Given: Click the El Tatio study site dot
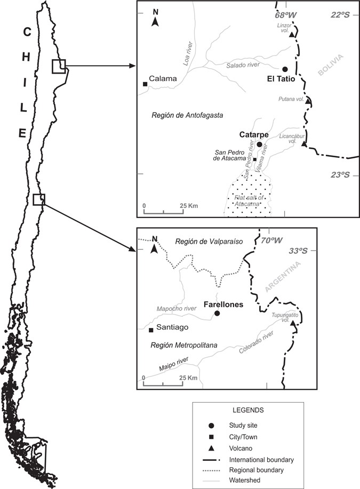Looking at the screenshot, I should pos(285,69).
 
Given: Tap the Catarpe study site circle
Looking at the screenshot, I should pos(260,145).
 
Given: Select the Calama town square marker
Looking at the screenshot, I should pos(145,84).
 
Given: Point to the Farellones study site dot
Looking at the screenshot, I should pos(217,313).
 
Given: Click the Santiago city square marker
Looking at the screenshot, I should pos(151,330).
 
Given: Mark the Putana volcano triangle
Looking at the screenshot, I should pos(308,102).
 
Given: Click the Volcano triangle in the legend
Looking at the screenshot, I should pos(212,447).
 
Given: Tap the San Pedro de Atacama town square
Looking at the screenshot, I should pos(255,159).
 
